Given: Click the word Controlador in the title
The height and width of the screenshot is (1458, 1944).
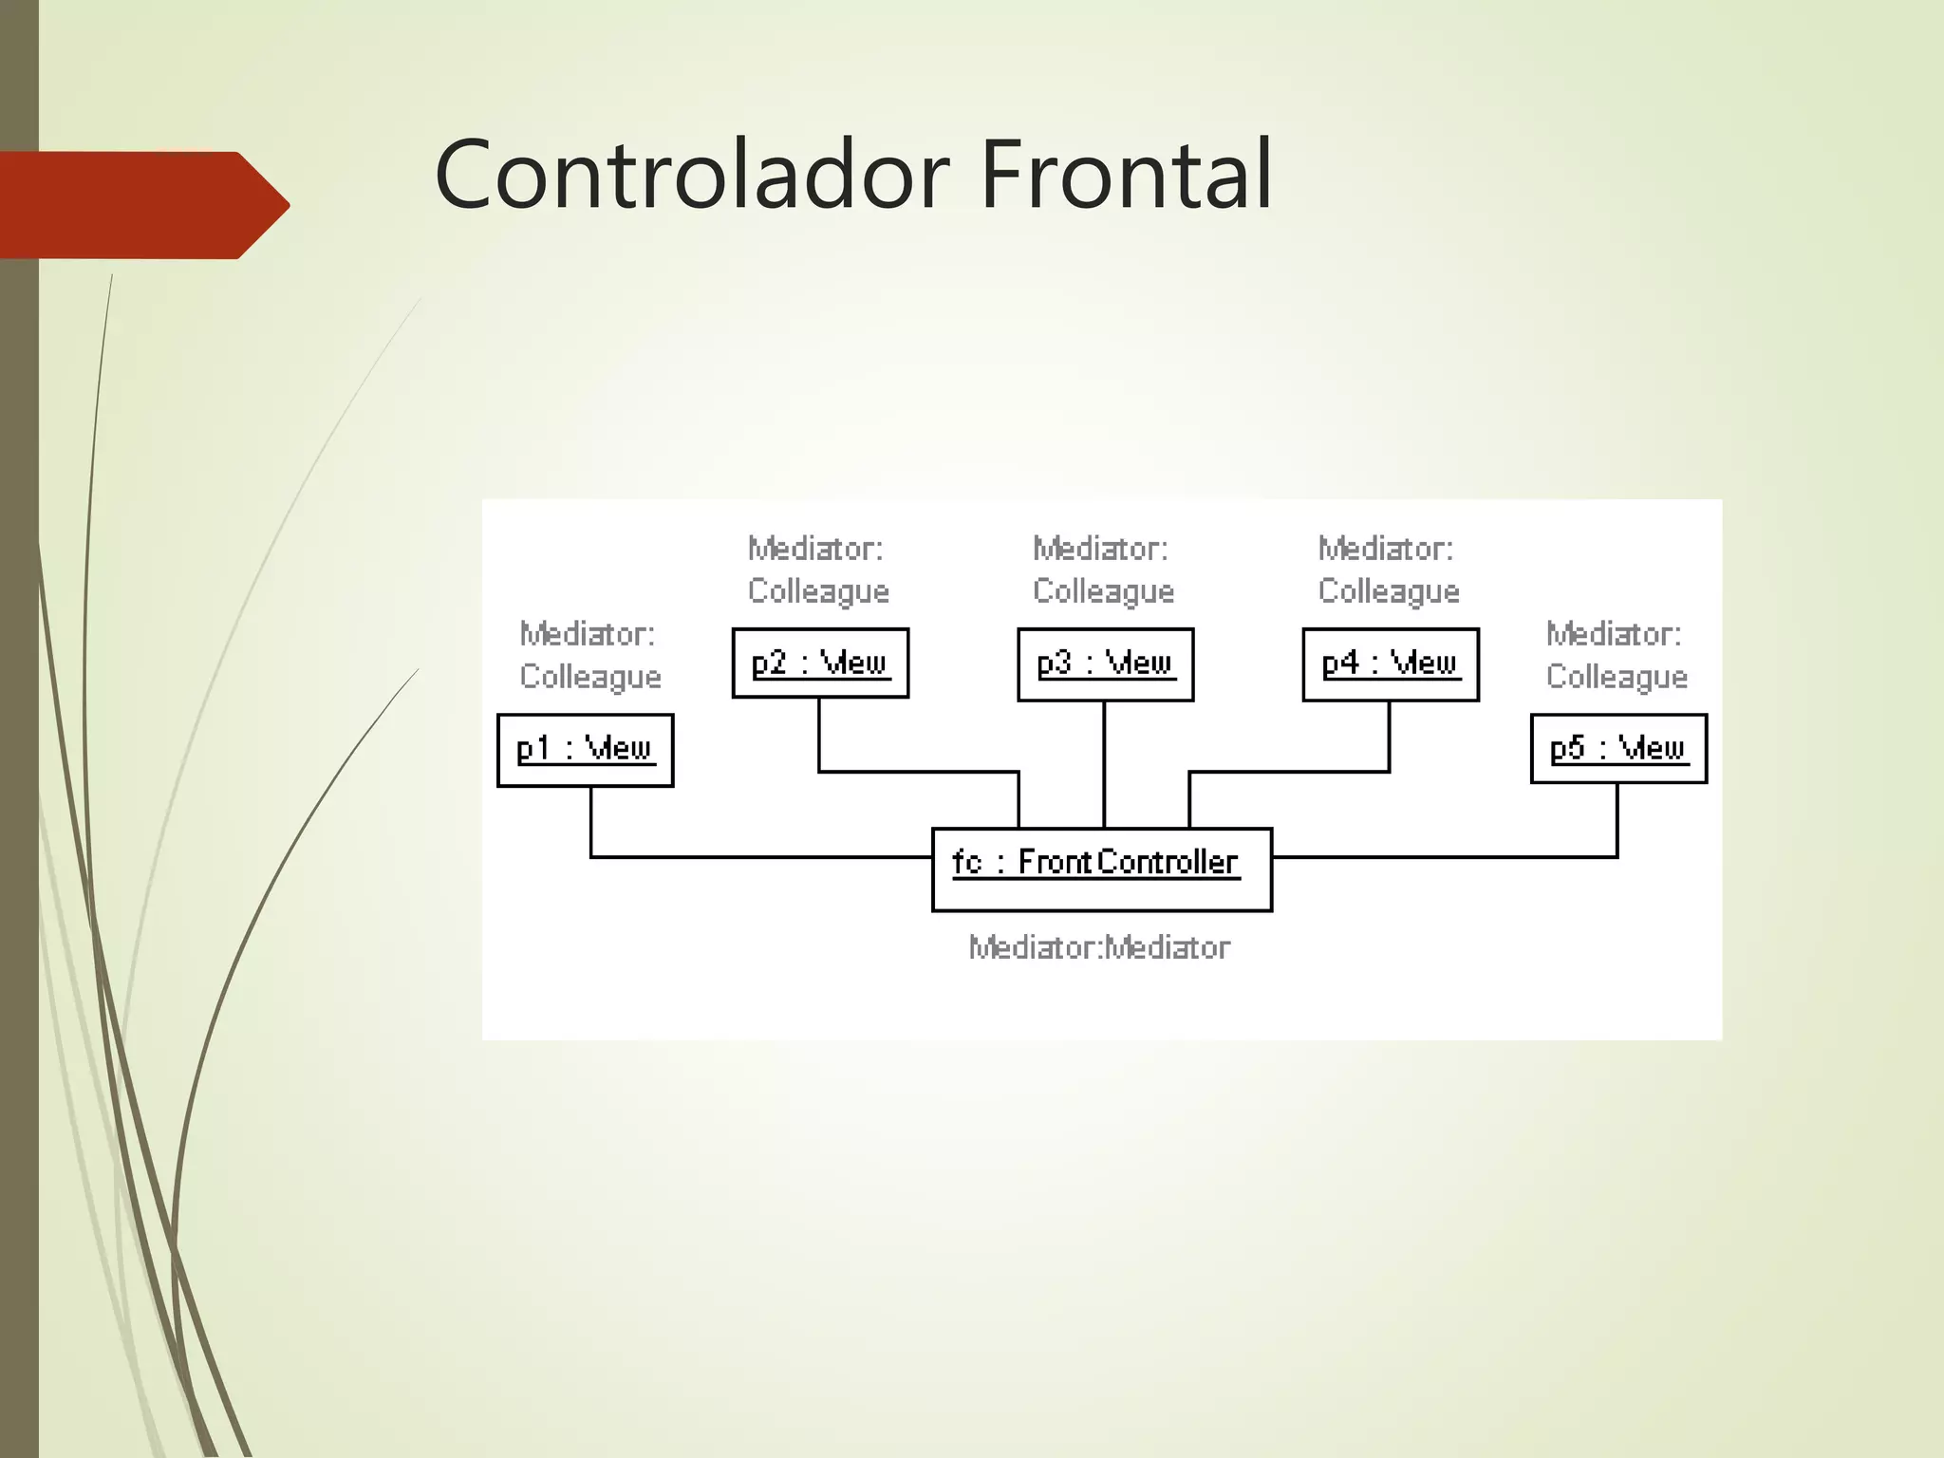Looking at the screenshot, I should point(691,175).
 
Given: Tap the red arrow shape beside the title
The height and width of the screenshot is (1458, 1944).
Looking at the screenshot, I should point(142,205).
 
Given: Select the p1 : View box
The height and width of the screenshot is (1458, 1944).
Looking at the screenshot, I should point(585,750).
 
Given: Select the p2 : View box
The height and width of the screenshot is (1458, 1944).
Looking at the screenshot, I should point(820,664).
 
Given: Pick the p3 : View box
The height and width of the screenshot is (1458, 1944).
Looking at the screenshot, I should point(1105,664).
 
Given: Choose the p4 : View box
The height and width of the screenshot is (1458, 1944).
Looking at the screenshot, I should point(1390,664).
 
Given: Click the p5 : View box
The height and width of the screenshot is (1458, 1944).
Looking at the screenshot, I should point(1618,749).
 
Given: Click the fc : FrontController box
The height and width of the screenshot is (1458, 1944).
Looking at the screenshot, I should point(1101,869).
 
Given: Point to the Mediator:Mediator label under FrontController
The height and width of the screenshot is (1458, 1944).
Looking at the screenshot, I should point(1099,947).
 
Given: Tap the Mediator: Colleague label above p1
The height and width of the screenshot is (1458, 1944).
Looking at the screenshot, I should point(589,655).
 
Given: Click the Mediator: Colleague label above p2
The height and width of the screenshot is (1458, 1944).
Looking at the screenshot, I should point(818,570).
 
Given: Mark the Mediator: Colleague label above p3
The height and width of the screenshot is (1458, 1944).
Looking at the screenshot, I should point(1103,570).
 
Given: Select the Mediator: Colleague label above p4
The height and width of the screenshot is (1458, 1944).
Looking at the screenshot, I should point(1389,570).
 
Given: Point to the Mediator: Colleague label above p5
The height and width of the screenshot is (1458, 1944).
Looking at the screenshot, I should point(1617,655).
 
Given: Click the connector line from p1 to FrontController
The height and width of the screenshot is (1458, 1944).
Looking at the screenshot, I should point(759,857).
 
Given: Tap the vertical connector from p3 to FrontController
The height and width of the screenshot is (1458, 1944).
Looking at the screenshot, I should point(1104,764).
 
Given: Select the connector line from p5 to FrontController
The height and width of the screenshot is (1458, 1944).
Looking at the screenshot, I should point(1443,857).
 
